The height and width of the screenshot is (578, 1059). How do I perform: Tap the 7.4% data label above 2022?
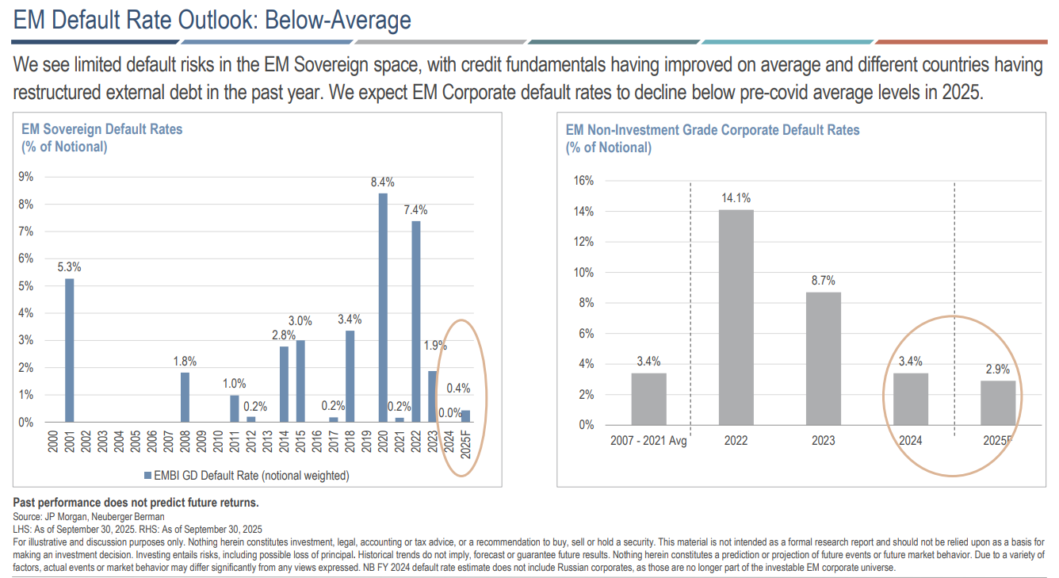pos(415,210)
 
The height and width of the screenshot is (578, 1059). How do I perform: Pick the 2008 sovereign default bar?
pos(185,397)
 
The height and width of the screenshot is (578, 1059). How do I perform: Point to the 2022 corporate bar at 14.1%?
pos(736,317)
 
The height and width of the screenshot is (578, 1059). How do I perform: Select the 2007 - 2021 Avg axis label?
pos(648,441)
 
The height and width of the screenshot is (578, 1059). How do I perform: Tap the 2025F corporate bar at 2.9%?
pos(997,403)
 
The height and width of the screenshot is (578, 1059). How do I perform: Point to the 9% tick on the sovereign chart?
pos(26,177)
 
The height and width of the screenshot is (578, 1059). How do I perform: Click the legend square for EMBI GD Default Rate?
pos(147,476)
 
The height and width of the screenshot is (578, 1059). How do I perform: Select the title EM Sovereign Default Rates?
pos(102,129)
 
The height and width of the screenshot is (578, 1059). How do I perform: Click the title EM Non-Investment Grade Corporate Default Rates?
pos(712,130)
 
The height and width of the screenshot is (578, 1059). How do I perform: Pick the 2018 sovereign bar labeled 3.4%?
pos(350,377)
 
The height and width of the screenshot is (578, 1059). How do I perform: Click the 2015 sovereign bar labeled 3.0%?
pos(300,381)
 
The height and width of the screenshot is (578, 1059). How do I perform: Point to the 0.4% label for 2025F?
pos(458,389)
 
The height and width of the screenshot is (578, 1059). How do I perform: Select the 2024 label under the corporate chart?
pos(910,441)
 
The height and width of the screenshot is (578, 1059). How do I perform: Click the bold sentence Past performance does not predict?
pos(136,503)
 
